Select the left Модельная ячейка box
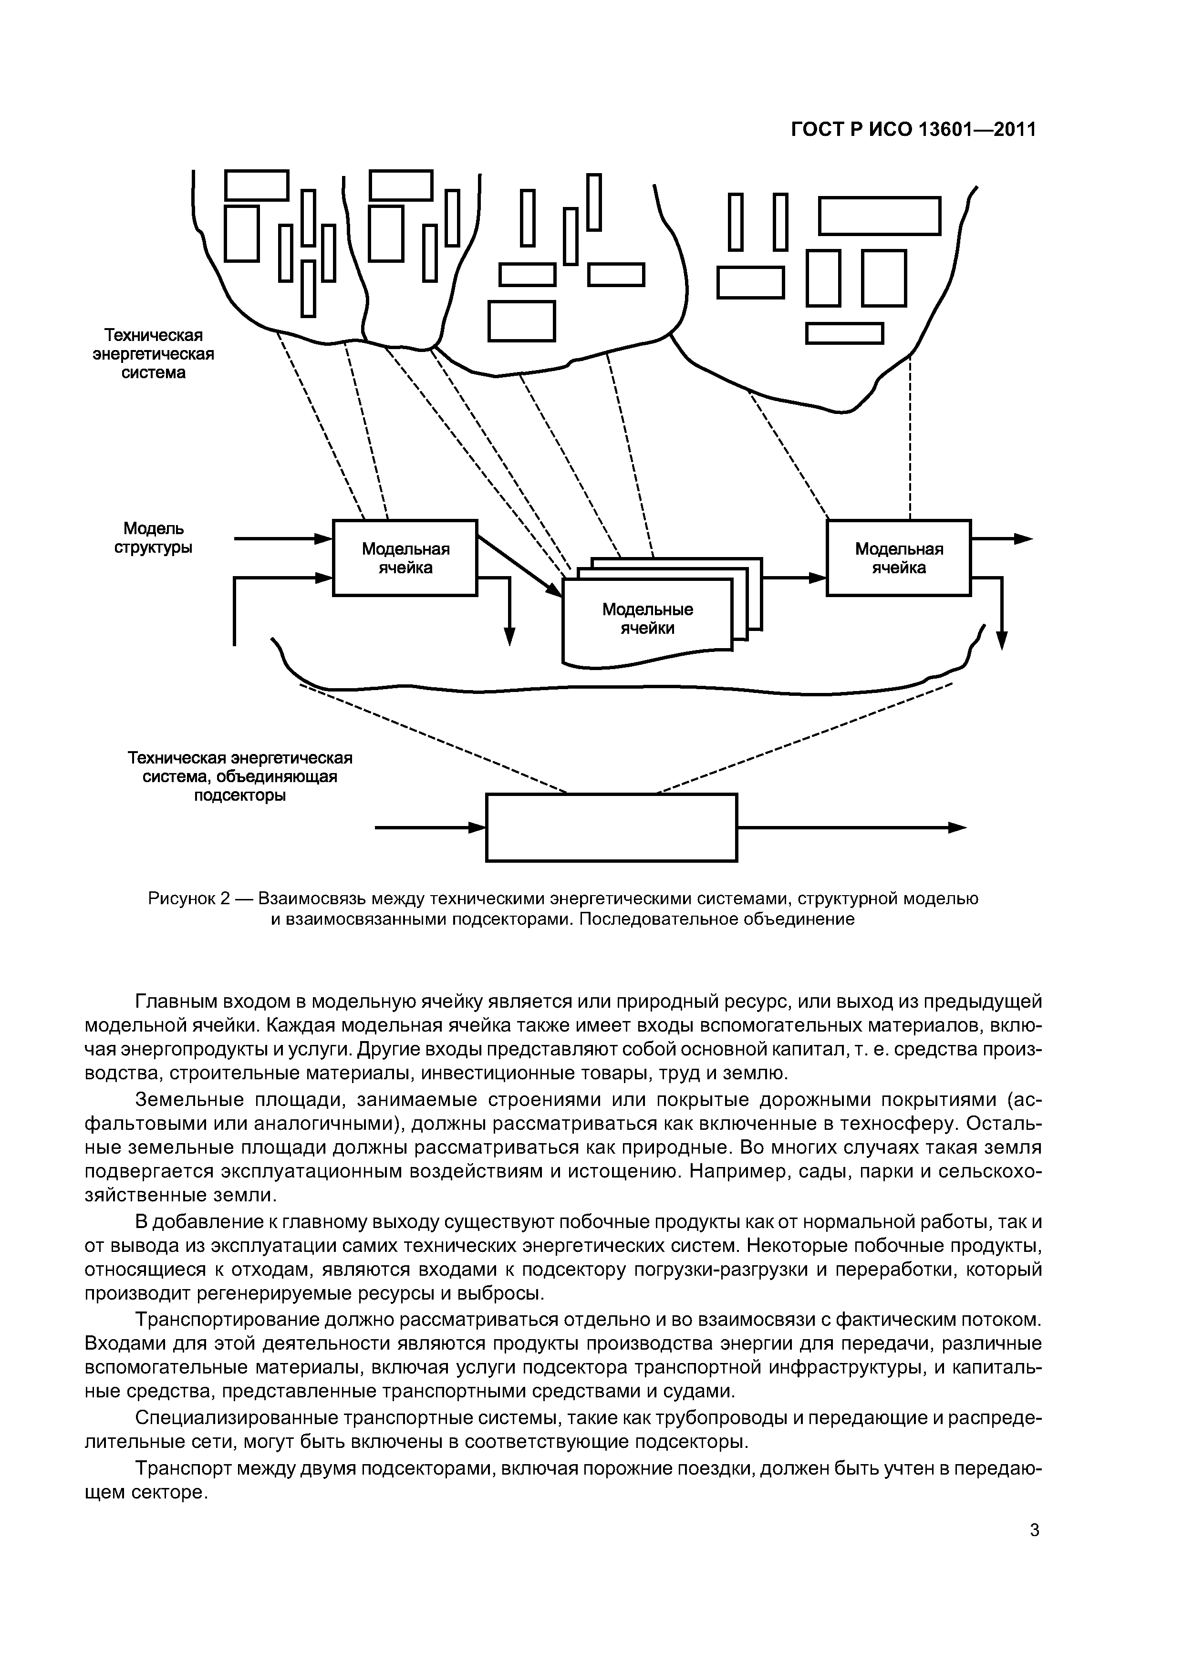pos(405,558)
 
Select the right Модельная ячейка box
pos(898,558)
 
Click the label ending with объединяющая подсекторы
pos(240,777)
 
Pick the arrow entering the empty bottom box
pos(430,828)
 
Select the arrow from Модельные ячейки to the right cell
pos(794,577)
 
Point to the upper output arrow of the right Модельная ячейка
pos(1002,539)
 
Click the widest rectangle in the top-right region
pos(880,216)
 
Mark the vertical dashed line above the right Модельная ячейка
pos(911,437)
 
